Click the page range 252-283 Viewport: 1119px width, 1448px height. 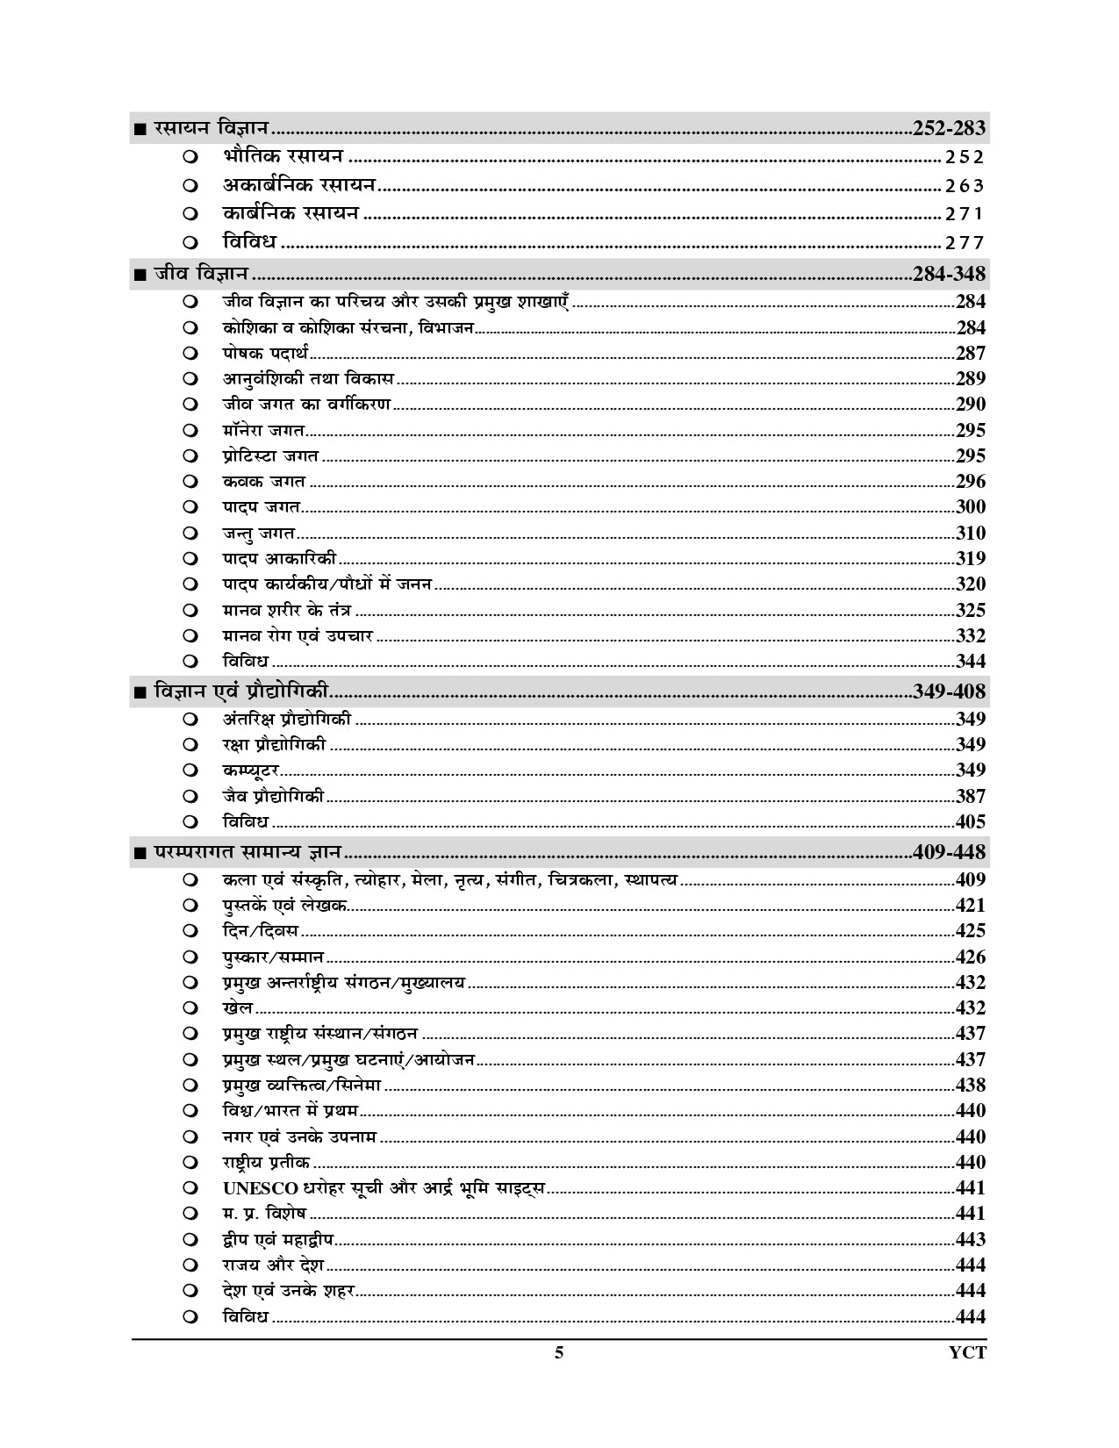(x=949, y=128)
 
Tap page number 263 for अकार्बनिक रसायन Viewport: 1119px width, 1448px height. (x=965, y=186)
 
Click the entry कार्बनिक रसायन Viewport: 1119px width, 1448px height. (x=291, y=213)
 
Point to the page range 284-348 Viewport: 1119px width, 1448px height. (x=949, y=274)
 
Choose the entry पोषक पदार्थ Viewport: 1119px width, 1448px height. (x=265, y=354)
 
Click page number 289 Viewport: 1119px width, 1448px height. (x=971, y=379)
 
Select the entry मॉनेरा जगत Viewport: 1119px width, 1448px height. (x=263, y=431)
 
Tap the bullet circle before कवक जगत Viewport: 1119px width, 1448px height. (x=190, y=482)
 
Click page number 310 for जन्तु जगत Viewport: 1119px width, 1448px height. (x=971, y=533)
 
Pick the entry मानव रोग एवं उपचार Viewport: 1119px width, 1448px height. (x=298, y=636)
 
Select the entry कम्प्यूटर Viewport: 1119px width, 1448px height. (x=251, y=771)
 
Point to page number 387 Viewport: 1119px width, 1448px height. (x=971, y=797)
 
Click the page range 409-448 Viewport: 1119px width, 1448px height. (x=949, y=851)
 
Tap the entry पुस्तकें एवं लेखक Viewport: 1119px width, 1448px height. (x=284, y=906)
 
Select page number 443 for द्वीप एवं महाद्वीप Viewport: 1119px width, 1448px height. (x=971, y=1240)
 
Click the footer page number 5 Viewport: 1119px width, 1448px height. (x=559, y=1352)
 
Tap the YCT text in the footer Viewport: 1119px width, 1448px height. (x=967, y=1352)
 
